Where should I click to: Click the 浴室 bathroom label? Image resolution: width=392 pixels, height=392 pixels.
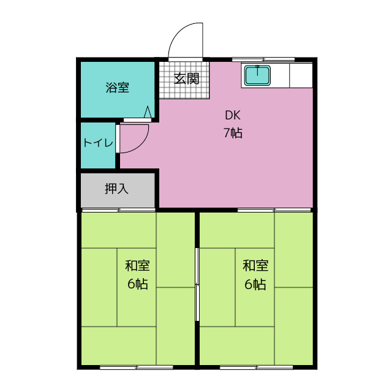coord(117,88)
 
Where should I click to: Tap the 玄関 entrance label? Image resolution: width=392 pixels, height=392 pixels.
coord(186,78)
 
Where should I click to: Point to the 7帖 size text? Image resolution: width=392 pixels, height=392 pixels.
coord(232,132)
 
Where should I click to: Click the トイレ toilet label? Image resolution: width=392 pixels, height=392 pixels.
coord(98,143)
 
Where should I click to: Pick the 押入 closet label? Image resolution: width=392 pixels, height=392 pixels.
coord(116,189)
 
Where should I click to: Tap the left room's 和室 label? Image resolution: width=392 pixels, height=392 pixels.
coord(138,266)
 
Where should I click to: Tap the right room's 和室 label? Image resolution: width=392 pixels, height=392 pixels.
coord(255,266)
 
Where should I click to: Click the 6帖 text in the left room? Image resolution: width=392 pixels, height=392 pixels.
coord(138,284)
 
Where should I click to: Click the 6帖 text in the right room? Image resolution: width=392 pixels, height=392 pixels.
coord(255,284)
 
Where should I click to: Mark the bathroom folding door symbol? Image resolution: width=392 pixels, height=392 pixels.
coord(147,112)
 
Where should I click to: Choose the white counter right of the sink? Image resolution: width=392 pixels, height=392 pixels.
coord(301,75)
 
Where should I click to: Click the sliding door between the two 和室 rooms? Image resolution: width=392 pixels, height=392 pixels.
coord(197,284)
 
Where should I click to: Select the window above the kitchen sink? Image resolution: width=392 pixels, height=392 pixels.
coord(263,59)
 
